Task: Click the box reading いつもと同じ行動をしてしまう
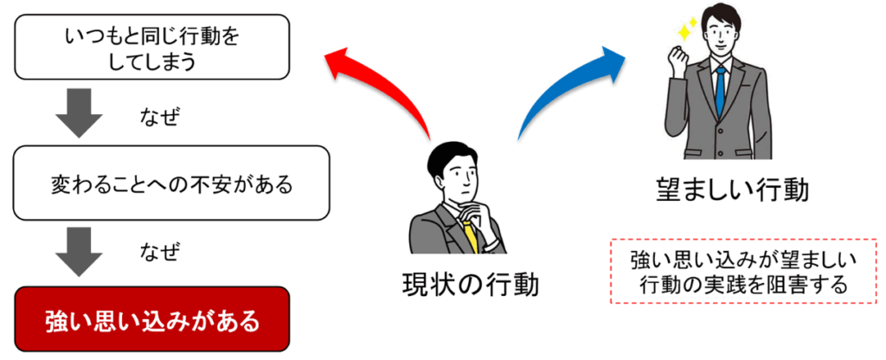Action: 152,47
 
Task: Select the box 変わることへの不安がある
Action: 171,183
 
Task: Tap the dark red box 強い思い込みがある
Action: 152,319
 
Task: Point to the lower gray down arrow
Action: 79,252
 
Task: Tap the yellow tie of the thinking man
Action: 470,236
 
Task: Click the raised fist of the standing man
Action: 677,57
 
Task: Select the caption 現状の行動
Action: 470,285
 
